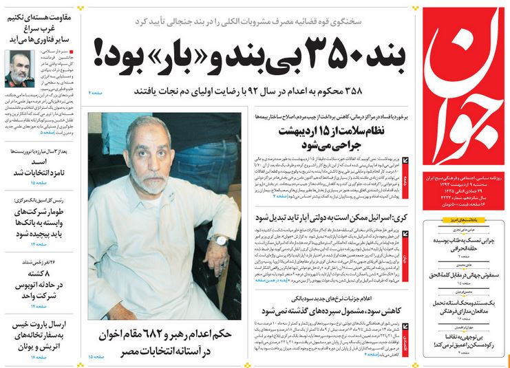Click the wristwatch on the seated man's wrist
220,241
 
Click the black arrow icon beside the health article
405,160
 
